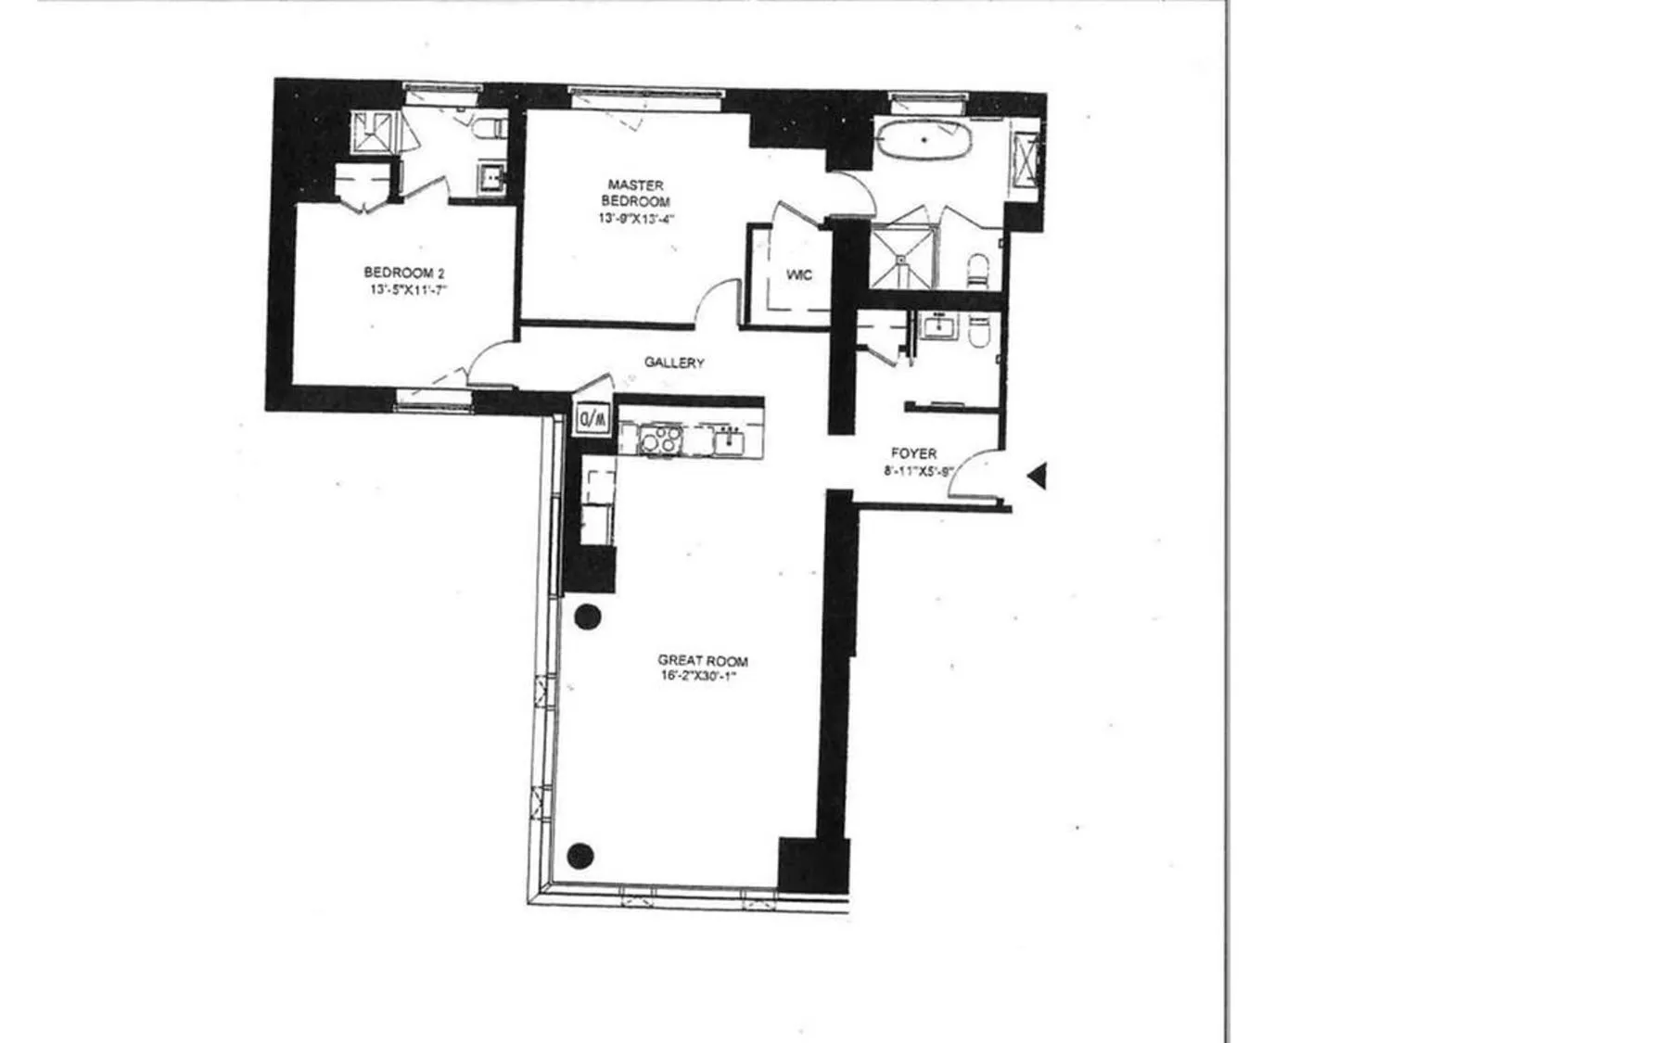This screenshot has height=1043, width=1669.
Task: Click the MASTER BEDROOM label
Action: click(x=636, y=193)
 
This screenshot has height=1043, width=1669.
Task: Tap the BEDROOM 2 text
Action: click(x=404, y=273)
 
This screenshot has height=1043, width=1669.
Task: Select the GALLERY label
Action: click(x=674, y=363)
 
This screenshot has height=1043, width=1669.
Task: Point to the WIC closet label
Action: click(x=798, y=275)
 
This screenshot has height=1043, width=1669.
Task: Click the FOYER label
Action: click(x=913, y=453)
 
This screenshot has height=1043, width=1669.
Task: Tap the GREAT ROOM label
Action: click(x=703, y=661)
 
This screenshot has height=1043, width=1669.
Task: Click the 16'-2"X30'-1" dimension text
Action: click(x=703, y=677)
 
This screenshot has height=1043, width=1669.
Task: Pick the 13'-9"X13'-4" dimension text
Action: click(x=636, y=219)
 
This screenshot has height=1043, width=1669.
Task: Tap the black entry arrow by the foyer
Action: click(x=1038, y=476)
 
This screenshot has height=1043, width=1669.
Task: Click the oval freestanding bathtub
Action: click(x=924, y=142)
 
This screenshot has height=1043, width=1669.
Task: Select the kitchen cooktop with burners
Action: click(x=660, y=439)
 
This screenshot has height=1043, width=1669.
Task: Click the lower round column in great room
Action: click(x=580, y=856)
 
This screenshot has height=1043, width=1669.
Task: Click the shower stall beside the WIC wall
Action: click(x=902, y=256)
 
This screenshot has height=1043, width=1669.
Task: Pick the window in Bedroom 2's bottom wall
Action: click(x=434, y=400)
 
